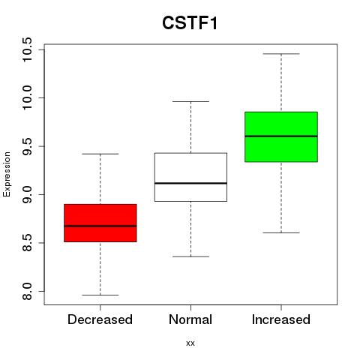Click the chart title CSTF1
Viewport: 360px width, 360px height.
tap(190, 23)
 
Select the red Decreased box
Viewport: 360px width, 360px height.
tap(100, 223)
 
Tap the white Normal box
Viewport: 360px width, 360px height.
tap(190, 177)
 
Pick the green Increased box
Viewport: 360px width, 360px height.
tap(281, 136)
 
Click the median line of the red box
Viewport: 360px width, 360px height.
tap(100, 226)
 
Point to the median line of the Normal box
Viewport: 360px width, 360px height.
tap(190, 183)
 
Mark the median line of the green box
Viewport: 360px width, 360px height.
tap(281, 136)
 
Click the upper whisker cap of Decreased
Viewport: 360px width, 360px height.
tap(100, 154)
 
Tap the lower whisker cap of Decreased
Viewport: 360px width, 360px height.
tap(100, 295)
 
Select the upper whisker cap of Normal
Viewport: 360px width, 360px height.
tap(190, 101)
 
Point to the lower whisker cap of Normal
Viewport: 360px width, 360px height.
tap(190, 256)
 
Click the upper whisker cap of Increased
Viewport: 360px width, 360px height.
tap(281, 54)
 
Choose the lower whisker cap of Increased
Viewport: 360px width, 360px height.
tap(281, 232)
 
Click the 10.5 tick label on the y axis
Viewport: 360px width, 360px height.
tap(27, 49)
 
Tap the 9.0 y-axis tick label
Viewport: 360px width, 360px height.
tap(27, 194)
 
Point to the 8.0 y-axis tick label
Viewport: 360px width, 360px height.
tap(27, 291)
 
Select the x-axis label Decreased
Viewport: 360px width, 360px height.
tap(100, 319)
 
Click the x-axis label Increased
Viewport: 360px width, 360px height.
tap(281, 319)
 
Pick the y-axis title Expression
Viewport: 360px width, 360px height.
tap(7, 174)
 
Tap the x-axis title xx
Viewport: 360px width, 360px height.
tap(190, 343)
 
